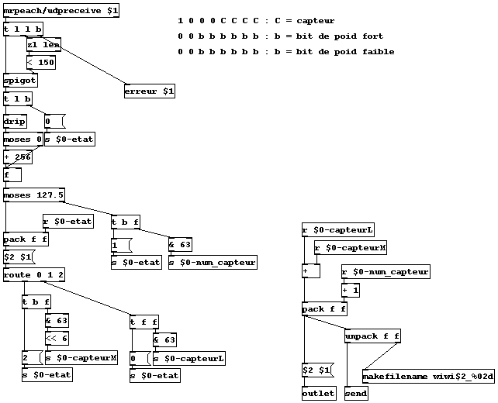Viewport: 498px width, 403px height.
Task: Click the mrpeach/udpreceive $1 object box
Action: (61, 11)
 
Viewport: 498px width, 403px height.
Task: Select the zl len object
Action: (43, 45)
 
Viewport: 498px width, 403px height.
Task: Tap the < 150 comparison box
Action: (40, 63)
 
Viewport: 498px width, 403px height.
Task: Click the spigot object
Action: (19, 81)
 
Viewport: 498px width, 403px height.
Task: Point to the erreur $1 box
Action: (150, 91)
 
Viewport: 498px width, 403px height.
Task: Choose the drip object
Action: (15, 122)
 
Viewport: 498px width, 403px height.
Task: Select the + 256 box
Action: (18, 157)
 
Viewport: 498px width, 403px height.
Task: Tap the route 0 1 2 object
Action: (34, 275)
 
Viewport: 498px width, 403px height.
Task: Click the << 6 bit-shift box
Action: (57, 339)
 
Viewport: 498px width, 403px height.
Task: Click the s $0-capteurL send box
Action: (189, 357)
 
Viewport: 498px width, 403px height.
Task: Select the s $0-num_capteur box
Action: (213, 263)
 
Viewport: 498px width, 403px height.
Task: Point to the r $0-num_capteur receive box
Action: (386, 272)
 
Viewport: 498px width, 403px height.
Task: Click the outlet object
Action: (319, 394)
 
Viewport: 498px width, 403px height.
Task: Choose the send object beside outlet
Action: (355, 394)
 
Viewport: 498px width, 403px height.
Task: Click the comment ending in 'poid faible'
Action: (285, 52)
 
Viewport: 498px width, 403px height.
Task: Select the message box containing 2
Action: (31, 357)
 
